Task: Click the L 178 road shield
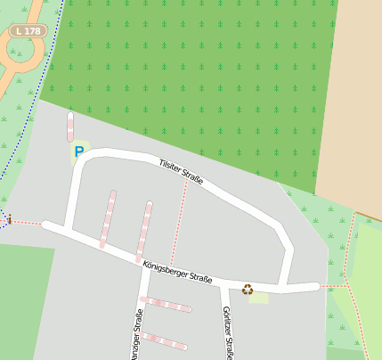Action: [x=28, y=31]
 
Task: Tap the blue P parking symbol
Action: [x=79, y=152]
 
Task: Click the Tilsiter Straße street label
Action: [x=182, y=173]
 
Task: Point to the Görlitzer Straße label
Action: [x=228, y=331]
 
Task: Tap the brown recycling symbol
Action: [x=248, y=289]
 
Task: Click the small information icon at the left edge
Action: [x=9, y=218]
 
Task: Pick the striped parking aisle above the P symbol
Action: [x=69, y=127]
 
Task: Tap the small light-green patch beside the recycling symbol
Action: [x=259, y=297]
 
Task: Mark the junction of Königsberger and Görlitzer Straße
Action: [x=222, y=283]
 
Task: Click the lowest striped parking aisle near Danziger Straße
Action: [x=164, y=340]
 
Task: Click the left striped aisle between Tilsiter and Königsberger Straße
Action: [x=108, y=218]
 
